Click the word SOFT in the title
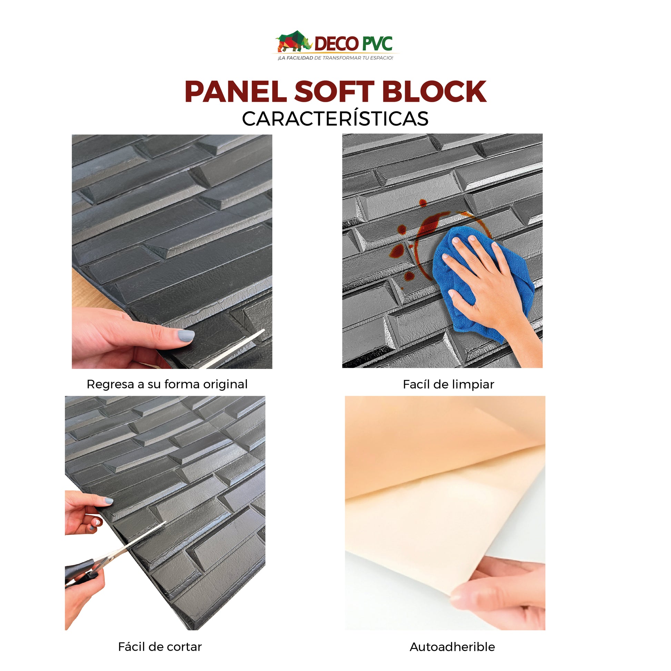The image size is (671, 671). tap(334, 92)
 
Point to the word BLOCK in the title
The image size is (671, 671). tap(434, 92)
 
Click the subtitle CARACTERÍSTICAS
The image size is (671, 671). tap(335, 119)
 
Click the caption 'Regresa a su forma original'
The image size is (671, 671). tap(167, 384)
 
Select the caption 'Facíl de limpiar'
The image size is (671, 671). tap(448, 384)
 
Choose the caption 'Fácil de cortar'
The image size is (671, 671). tap(160, 647)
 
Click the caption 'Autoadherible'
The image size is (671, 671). tap(452, 647)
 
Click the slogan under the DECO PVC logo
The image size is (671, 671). tap(335, 58)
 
